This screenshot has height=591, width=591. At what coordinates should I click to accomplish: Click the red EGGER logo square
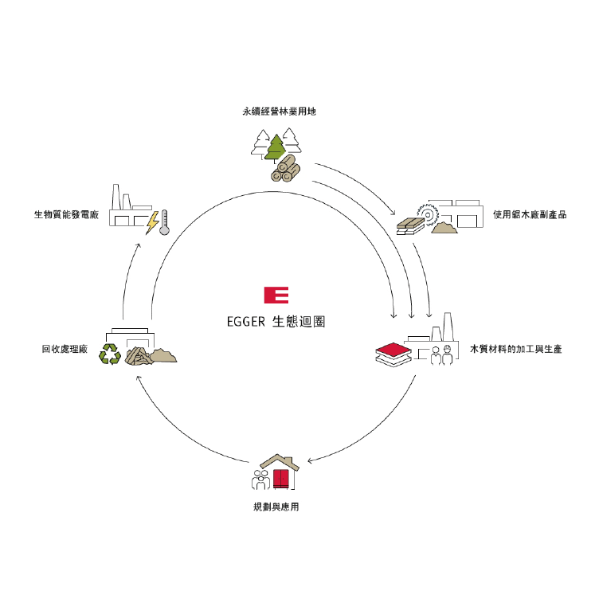276,295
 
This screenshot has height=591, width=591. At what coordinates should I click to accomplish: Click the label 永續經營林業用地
280,112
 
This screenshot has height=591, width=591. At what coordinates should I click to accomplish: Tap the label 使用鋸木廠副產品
530,215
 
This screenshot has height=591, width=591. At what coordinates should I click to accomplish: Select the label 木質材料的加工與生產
515,349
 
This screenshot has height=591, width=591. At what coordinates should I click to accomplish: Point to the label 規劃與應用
276,507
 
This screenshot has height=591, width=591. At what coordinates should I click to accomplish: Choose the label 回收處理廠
65,349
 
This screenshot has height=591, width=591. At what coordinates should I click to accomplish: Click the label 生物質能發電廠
66,215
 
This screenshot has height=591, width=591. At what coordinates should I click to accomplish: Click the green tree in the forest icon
276,147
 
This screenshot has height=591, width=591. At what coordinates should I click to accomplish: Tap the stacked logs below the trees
286,169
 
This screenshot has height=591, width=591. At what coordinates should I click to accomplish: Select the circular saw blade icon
428,215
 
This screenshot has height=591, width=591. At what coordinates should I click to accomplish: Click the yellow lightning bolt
153,223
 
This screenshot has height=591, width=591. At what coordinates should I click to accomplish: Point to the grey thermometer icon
164,223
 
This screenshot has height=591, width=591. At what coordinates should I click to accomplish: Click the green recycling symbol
110,354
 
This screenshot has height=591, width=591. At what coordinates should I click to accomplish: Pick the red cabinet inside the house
281,479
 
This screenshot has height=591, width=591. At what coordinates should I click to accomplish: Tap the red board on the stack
393,350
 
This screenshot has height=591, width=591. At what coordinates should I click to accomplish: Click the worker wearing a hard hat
448,355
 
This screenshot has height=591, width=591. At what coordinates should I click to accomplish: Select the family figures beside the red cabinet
260,479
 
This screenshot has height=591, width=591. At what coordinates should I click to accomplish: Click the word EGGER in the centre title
246,322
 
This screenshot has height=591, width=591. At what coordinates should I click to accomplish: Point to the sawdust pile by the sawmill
444,228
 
